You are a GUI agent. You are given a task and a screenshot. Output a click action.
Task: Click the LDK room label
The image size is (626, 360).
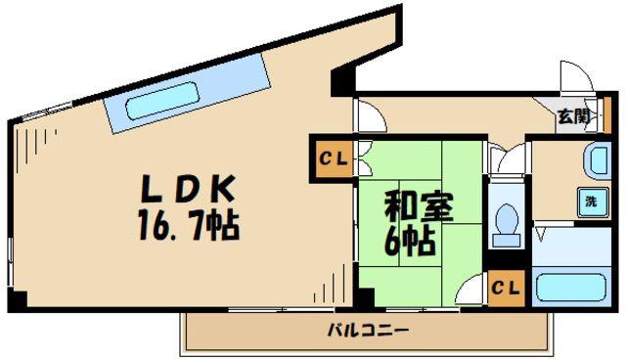(x=188, y=189)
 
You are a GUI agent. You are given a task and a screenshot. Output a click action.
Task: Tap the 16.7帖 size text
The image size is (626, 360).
(x=189, y=225)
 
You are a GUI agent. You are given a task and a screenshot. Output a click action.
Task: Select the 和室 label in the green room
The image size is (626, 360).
(x=419, y=205)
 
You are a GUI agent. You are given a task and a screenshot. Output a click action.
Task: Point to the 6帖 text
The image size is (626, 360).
(x=409, y=241)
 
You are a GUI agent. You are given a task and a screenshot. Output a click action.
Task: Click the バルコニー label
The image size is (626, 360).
(x=369, y=331)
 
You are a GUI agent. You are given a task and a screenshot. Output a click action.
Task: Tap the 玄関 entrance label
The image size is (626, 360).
(x=574, y=116)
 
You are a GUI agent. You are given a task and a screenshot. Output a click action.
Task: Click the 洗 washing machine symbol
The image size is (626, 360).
(x=593, y=202)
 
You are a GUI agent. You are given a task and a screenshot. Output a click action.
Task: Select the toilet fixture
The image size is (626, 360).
(x=507, y=226)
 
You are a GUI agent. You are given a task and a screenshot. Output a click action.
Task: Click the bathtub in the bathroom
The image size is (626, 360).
(x=571, y=288)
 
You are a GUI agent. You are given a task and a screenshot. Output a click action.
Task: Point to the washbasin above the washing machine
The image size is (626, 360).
(x=597, y=159)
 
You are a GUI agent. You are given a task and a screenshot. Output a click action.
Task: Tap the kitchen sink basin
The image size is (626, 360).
(x=162, y=101)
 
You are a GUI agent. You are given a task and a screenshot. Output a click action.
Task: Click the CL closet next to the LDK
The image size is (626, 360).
(x=333, y=158)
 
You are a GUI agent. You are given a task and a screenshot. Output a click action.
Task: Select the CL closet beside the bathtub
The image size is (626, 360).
(x=507, y=289)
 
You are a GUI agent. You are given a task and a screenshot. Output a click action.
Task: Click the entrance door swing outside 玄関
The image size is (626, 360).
(x=576, y=76)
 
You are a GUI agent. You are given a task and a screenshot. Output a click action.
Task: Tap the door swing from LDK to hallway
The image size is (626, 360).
(x=371, y=115)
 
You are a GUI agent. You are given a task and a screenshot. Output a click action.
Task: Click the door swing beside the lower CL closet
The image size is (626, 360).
(x=471, y=291)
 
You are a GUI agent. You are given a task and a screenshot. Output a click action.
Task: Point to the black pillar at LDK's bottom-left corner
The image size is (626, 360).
(x=18, y=299)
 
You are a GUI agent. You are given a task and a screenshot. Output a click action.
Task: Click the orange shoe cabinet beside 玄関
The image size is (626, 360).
(x=606, y=114)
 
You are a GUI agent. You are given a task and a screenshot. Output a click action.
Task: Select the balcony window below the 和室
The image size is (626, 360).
(x=423, y=309)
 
